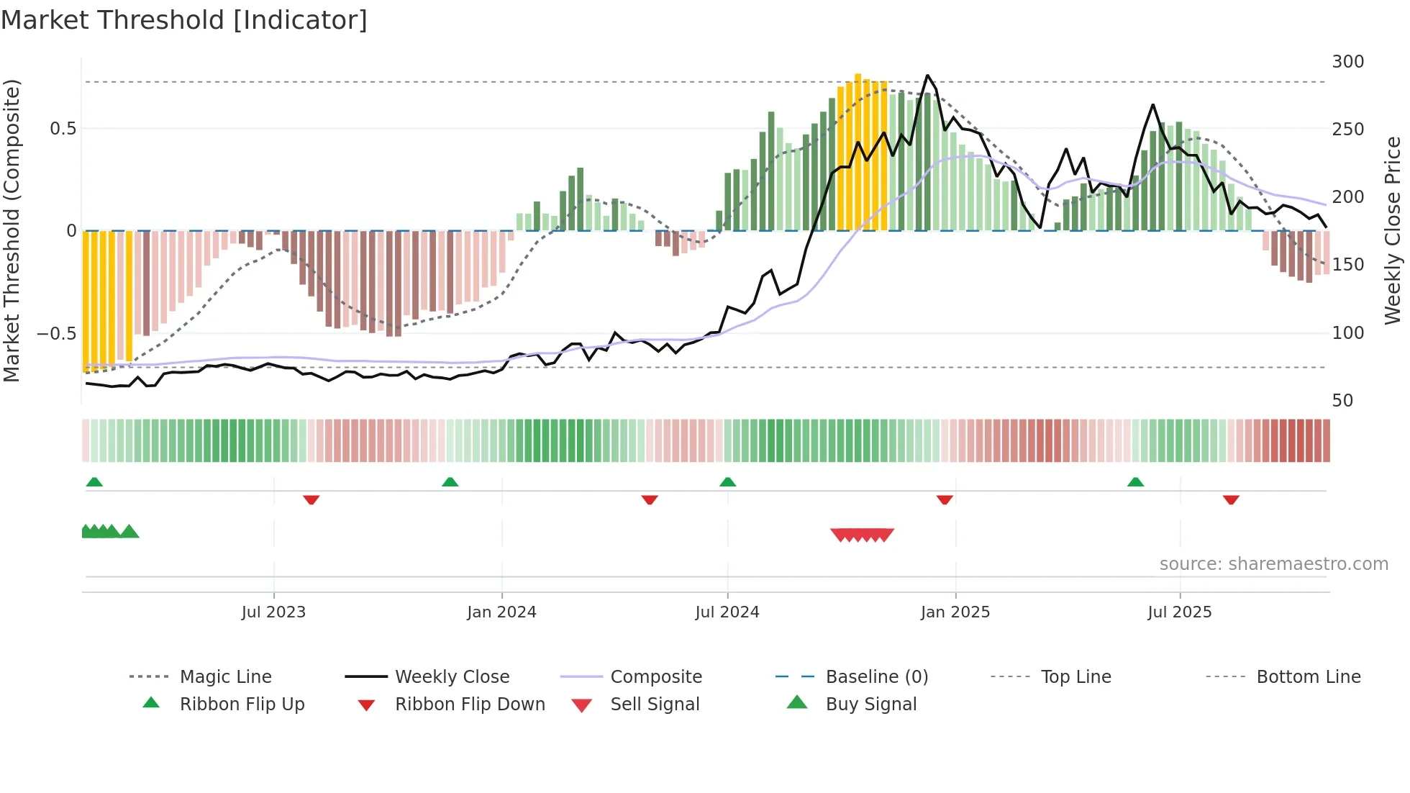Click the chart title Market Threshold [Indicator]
click(x=184, y=20)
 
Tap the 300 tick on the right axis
click(x=1347, y=62)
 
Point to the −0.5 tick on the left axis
click(x=57, y=334)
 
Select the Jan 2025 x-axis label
click(x=955, y=612)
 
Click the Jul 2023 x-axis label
click(x=273, y=612)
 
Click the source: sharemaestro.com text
click(x=1273, y=564)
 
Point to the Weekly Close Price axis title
click(x=1393, y=230)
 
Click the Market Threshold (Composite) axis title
click(x=12, y=230)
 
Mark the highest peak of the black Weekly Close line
click(x=927, y=76)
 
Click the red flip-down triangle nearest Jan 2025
click(x=945, y=499)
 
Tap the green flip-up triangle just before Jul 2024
click(x=727, y=481)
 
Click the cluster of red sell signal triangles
click(x=862, y=535)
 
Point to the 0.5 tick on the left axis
click(x=63, y=129)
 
